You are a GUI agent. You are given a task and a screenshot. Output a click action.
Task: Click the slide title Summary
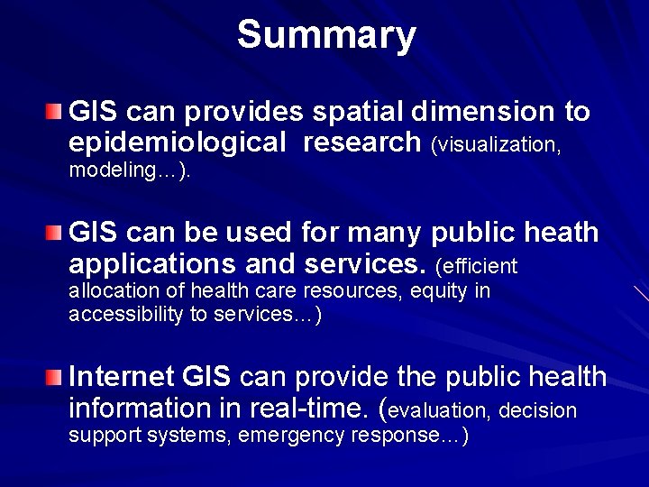click(x=326, y=34)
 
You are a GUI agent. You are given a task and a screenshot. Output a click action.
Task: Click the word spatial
click(x=359, y=112)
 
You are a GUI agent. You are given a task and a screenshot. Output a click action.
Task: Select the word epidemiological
click(x=177, y=142)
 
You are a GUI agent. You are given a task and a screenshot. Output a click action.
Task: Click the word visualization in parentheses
click(x=498, y=144)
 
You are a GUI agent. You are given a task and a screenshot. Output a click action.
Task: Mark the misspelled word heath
click(x=565, y=232)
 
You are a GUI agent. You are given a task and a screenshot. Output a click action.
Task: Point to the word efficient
click(x=479, y=266)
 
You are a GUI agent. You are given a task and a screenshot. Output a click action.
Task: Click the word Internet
click(x=122, y=375)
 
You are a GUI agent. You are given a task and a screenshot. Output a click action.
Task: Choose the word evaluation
click(x=439, y=411)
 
